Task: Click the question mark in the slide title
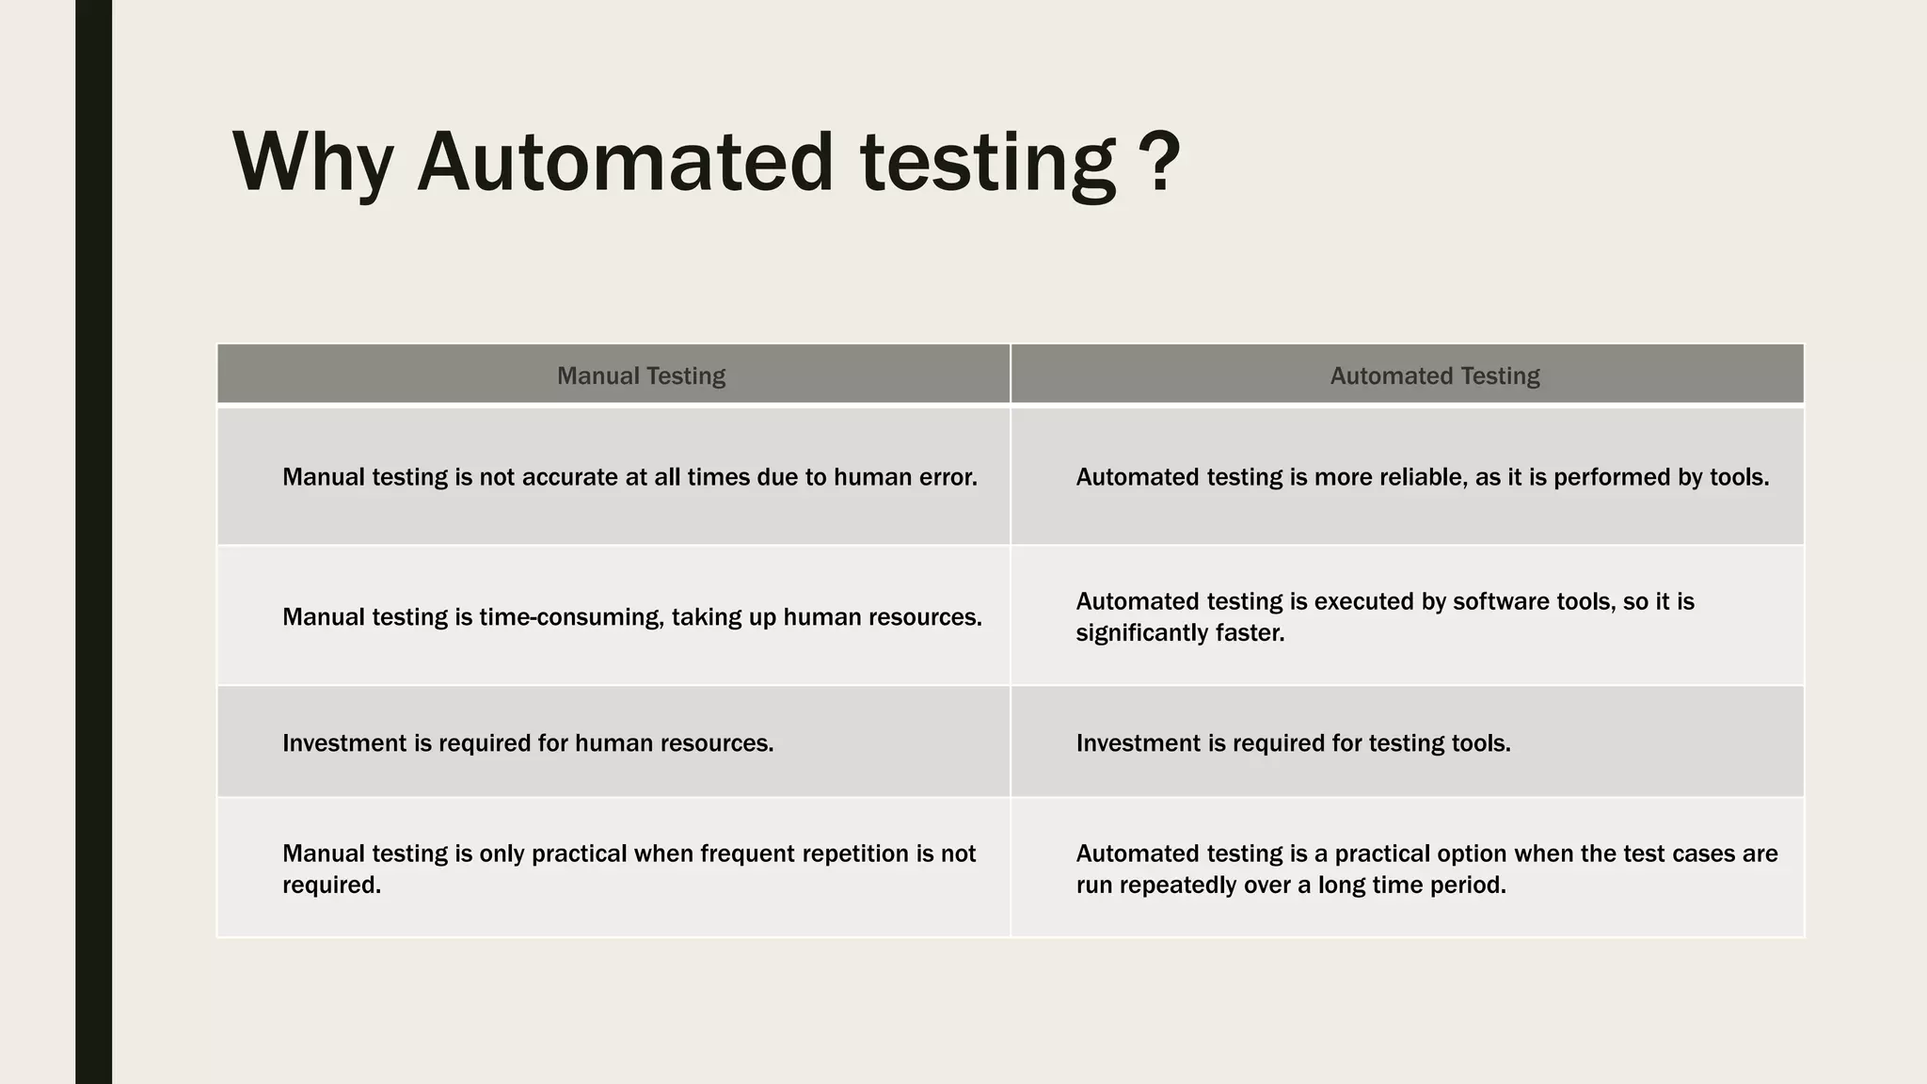1165,162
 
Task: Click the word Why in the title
312,162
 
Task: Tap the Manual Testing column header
641,375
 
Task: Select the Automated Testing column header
1434,375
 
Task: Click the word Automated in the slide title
625,162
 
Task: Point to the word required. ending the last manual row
331,885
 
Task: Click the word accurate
568,477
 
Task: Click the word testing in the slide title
988,162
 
